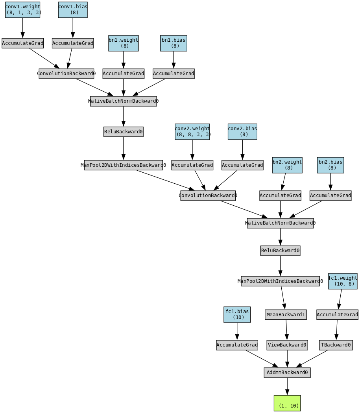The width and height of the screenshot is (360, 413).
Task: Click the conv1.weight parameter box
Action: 23,10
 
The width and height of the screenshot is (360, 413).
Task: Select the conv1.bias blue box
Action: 73,10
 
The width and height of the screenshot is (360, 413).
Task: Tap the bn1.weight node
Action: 124,43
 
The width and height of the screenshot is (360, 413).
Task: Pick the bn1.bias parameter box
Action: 174,43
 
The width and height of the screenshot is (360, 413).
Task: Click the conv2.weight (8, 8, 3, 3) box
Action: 192,132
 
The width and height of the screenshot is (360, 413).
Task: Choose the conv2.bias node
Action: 242,132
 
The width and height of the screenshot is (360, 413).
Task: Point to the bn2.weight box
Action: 287,165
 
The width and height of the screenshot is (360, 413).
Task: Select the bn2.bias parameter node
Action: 330,165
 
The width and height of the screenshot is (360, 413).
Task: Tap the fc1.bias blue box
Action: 237,315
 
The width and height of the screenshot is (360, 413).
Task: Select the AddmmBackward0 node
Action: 287,372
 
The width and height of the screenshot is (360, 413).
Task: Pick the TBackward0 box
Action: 336,345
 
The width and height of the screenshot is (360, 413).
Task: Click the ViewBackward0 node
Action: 287,345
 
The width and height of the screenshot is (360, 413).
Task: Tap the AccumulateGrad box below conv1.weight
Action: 23,43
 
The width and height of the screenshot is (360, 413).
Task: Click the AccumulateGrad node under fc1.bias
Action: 237,345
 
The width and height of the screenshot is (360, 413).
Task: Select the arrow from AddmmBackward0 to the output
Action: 287,386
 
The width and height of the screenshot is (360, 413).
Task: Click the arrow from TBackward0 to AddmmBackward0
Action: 312,358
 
